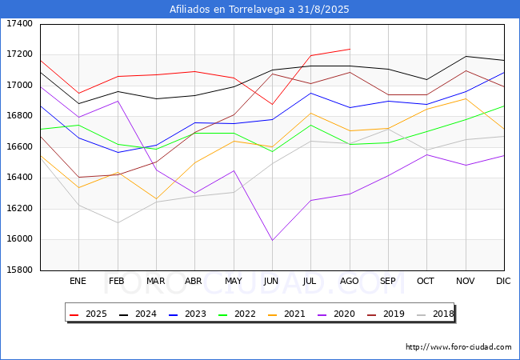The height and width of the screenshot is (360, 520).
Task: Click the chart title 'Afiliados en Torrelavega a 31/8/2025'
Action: coord(259,10)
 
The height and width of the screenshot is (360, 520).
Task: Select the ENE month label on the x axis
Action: coord(78,282)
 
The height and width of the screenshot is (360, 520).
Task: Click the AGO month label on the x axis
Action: coord(349,282)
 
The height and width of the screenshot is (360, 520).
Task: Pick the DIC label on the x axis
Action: coord(503,282)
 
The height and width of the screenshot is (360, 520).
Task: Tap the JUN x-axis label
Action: coord(271,282)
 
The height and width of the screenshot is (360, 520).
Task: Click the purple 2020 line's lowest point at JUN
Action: coord(271,240)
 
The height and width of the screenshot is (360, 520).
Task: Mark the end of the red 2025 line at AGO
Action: coord(349,49)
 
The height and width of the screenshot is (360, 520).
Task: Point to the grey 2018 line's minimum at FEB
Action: coord(117,222)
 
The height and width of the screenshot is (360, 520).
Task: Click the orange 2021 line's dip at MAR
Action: coord(155,198)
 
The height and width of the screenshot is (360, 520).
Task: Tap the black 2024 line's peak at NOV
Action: coord(465,56)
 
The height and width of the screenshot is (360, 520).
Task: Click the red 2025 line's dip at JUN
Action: coord(271,105)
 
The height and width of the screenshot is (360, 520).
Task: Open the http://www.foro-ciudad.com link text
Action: coord(458,347)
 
